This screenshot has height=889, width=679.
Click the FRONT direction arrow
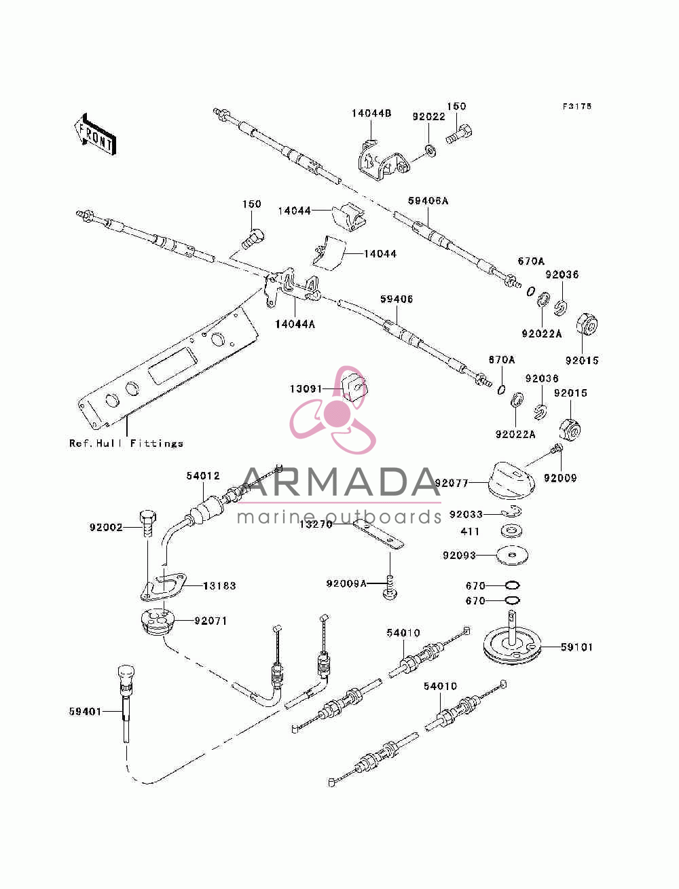(95, 134)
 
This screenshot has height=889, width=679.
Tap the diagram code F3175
(576, 106)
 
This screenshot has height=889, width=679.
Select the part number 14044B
(371, 113)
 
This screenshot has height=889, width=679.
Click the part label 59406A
(428, 201)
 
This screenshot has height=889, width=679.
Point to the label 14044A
(295, 324)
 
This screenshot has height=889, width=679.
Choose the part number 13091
(306, 389)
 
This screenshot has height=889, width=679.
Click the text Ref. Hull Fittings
(126, 443)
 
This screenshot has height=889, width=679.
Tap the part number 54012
(203, 475)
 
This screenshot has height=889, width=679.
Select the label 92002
(106, 527)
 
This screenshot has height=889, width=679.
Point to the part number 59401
(85, 711)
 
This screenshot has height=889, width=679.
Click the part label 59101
(576, 647)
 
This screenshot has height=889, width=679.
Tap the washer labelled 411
(511, 530)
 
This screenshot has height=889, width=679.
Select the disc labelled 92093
(512, 556)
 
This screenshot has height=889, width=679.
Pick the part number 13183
(219, 585)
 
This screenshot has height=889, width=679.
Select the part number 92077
(452, 483)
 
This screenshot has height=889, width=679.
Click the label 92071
(210, 621)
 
